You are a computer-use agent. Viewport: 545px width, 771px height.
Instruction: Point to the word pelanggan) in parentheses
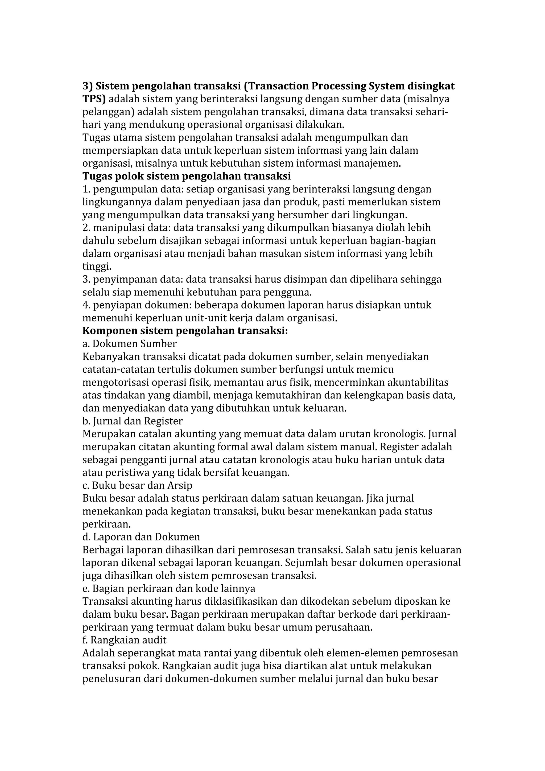[x=108, y=112]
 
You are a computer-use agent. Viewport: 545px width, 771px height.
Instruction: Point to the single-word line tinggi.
[x=97, y=267]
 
